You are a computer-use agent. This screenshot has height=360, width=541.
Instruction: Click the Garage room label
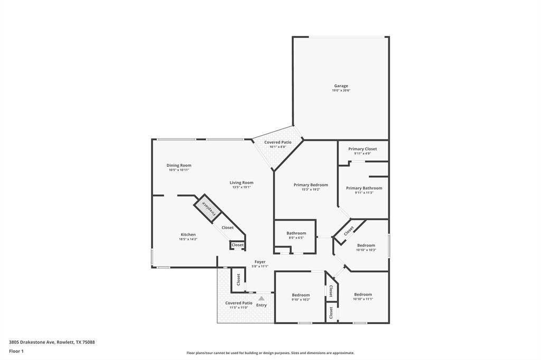tap(341, 86)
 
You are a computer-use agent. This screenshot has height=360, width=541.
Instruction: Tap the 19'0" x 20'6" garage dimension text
tap(341, 91)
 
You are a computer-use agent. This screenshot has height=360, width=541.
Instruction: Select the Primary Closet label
tap(362, 149)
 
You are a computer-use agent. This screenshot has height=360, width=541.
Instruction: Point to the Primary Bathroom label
tap(364, 188)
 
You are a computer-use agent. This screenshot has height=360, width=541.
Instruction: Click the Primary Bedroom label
tap(311, 185)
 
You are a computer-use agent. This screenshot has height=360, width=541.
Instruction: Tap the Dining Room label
tap(179, 165)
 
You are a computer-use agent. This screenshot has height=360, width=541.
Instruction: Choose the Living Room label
tap(241, 183)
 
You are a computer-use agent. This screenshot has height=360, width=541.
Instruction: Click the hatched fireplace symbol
tap(207, 207)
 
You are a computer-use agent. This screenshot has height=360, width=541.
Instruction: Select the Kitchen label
tap(188, 234)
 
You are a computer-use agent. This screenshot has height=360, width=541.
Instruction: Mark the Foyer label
tap(260, 262)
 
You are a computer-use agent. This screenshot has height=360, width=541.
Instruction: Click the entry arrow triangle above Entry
tap(261, 299)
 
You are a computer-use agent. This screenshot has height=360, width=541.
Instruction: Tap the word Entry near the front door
tap(262, 305)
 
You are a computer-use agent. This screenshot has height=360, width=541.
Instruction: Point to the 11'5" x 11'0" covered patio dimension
tap(239, 308)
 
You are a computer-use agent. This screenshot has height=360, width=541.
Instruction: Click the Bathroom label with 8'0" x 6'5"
tap(296, 233)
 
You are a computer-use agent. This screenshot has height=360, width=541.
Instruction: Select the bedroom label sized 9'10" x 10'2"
tap(301, 295)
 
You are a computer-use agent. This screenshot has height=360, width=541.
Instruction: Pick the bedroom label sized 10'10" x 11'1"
tap(363, 295)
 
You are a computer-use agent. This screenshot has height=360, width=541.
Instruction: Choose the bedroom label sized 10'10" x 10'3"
tap(366, 245)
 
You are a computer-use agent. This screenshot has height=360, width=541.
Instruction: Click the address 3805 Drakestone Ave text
tap(52, 342)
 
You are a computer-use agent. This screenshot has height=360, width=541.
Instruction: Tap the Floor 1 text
tap(16, 351)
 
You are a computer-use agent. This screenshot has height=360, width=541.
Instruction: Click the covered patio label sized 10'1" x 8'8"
tap(278, 142)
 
